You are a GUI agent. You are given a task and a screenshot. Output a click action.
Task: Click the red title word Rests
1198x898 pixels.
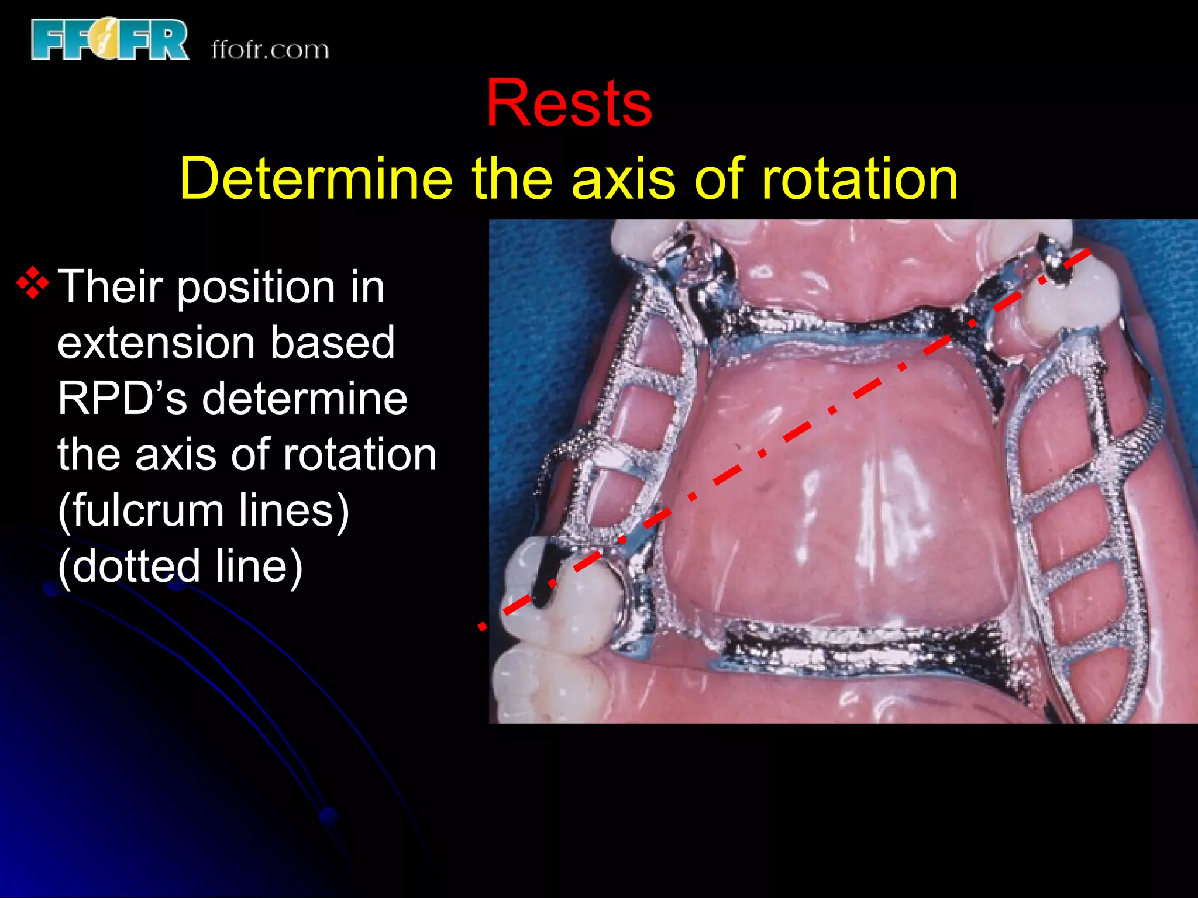click(569, 103)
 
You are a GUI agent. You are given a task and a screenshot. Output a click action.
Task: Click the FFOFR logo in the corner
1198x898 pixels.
click(110, 39)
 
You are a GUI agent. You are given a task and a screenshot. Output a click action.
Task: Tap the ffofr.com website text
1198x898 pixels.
click(270, 50)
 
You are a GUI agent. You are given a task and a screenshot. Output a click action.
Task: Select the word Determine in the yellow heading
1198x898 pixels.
click(316, 178)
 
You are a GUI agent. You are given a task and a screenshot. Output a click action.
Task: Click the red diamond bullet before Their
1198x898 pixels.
click(33, 284)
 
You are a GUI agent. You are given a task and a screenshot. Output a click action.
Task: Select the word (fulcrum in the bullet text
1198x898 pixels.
click(140, 510)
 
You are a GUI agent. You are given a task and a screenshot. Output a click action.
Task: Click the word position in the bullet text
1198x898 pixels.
click(255, 288)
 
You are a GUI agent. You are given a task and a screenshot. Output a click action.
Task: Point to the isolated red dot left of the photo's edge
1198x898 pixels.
click(481, 627)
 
